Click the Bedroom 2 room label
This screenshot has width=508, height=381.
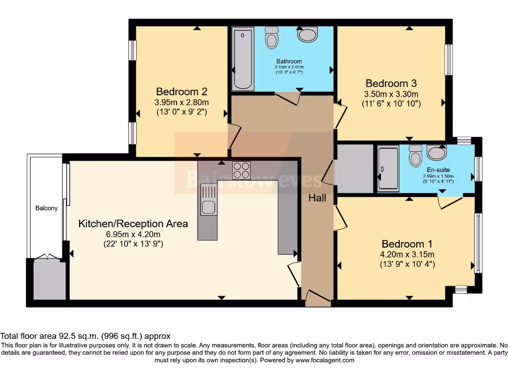click(181, 91)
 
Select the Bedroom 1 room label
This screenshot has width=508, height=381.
click(407, 244)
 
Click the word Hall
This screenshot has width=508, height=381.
click(317, 198)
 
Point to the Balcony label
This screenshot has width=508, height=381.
click(46, 208)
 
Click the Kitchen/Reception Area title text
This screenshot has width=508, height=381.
click(133, 224)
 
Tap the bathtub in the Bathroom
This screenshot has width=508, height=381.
click(243, 59)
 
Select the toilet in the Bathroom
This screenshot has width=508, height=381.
click(272, 38)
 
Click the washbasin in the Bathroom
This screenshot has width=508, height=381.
click(308, 34)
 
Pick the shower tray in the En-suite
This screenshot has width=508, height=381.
click(388, 169)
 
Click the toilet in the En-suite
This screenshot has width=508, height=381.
click(416, 156)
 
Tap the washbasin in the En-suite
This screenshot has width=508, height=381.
click(437, 153)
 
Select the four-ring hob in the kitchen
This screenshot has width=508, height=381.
click(242, 170)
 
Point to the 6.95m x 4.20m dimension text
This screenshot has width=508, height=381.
click(133, 234)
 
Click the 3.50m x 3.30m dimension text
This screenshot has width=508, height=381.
click(391, 94)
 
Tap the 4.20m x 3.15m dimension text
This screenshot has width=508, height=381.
click(407, 254)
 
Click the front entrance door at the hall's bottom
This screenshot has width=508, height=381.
click(317, 298)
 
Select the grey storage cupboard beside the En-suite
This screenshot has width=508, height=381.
click(355, 169)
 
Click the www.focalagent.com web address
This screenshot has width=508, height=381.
click(325, 360)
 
